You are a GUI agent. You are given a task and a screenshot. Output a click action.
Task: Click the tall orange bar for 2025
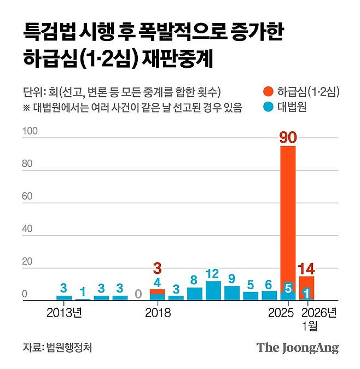click(288, 213)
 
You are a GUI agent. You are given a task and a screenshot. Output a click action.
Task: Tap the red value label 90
click(288, 137)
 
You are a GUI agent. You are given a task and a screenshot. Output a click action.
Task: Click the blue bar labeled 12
click(213, 291)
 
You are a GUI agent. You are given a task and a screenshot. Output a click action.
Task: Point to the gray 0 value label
click(138, 294)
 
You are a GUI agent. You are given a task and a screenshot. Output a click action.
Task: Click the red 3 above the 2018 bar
click(157, 269)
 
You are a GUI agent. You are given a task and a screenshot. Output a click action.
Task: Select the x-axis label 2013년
click(65, 313)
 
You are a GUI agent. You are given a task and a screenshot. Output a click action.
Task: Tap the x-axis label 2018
click(158, 313)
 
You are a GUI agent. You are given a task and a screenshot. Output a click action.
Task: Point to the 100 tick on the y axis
click(30, 131)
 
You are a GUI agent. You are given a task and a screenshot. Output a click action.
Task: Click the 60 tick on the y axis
click(28, 199)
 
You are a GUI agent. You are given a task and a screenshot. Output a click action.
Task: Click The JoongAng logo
click(298, 348)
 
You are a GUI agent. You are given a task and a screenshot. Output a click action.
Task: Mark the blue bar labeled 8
click(194, 294)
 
